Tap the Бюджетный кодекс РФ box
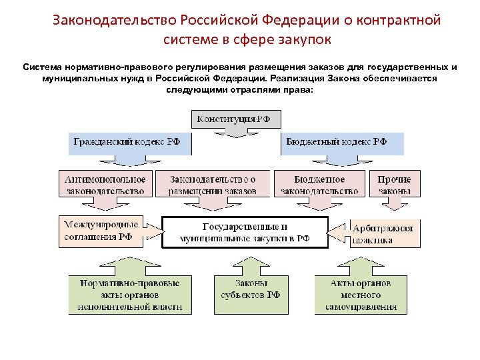[343, 143]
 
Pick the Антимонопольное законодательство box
[105, 184]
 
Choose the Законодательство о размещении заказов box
[212, 184]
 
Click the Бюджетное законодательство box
[320, 184]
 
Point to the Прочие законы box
[395, 184]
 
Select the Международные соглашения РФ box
[100, 231]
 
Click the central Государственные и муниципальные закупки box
[245, 232]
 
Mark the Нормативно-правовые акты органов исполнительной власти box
[130, 295]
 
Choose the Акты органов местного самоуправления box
[361, 295]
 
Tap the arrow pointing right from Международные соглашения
[153, 231]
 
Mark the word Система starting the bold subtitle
[41, 68]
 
